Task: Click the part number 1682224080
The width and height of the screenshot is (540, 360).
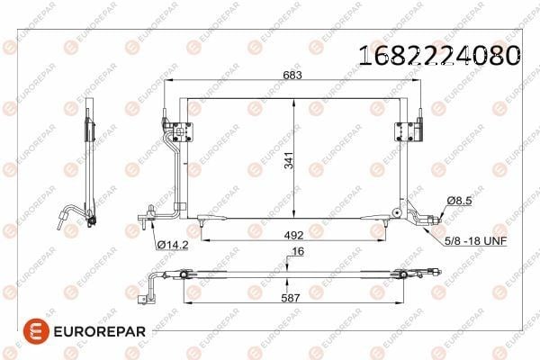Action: click(439, 55)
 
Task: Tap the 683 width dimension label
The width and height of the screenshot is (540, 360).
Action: click(292, 75)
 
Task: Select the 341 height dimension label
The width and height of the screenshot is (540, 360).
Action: click(289, 160)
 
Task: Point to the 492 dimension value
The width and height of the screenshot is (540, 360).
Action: click(293, 235)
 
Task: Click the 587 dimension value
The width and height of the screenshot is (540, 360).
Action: click(291, 298)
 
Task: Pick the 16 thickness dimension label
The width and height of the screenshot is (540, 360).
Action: click(298, 251)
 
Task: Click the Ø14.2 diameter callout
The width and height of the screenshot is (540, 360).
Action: click(173, 245)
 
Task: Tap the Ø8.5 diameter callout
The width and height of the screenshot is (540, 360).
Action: click(459, 201)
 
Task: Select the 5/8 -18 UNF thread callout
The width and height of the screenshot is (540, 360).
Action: click(475, 241)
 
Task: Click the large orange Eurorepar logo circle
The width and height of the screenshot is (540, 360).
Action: click(36, 331)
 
